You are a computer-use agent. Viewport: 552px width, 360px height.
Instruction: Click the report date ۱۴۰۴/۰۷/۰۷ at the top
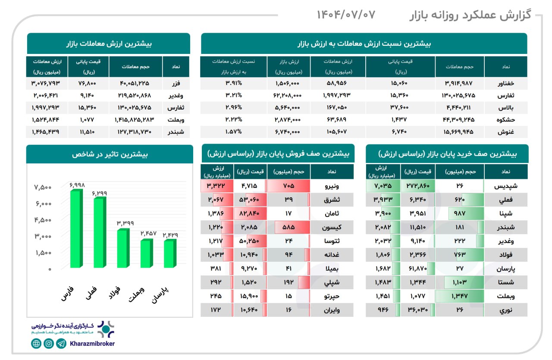pos(346,15)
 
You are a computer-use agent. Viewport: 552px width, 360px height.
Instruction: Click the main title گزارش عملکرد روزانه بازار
pos(470,16)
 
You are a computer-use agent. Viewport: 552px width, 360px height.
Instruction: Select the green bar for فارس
pos(75,229)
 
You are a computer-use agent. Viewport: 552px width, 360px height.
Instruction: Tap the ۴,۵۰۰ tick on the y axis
pos(43,220)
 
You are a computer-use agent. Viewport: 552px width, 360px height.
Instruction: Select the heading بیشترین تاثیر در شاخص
pos(110,154)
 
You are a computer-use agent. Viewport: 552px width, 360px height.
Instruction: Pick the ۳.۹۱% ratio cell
pos(234,84)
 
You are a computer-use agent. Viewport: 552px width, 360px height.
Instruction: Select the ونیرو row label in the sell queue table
pos(332,186)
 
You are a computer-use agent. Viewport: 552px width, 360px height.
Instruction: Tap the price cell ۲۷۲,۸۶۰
pos(417,186)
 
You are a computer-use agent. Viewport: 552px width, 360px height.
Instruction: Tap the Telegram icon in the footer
pos(62,344)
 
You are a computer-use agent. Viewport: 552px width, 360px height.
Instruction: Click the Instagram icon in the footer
pos(49,344)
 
